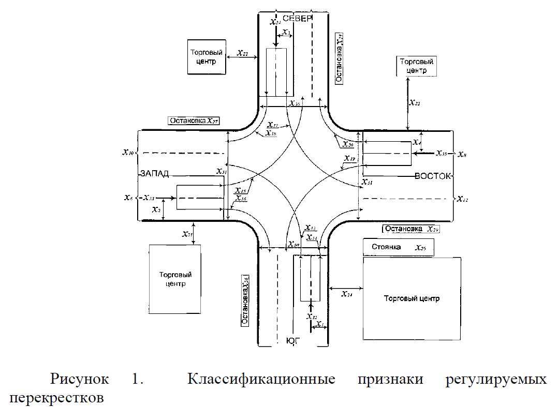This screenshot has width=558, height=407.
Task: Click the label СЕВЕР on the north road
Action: pos(298,19)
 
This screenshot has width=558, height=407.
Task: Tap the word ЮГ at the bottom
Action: pos(293,341)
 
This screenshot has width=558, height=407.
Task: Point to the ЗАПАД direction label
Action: pos(154,174)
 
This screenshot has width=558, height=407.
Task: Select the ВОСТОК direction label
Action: pos(433,176)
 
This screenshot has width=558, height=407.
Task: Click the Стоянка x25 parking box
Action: pos(399,248)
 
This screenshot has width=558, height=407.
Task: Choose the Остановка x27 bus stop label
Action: pos(194,121)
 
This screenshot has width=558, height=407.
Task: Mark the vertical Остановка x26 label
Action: pos(245,301)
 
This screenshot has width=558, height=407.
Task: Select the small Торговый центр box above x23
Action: pos(417,66)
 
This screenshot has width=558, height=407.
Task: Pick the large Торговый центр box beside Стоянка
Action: pos(412,298)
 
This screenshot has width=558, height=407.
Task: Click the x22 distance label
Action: pos(242,53)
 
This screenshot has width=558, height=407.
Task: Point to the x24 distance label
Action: pos(347,294)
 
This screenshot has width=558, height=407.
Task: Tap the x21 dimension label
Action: pos(187,234)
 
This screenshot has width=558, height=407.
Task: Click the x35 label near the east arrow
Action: pos(441,153)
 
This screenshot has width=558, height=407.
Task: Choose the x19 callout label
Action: pos(349,158)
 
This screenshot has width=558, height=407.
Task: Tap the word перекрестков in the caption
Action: pos(56,398)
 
